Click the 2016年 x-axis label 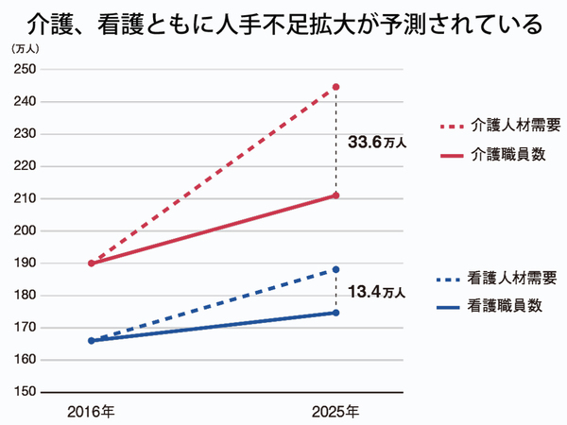91,411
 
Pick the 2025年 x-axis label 336,411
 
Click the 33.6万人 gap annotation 377,143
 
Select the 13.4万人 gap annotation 377,292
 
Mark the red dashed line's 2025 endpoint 336,87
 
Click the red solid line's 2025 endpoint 336,195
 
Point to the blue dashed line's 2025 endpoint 336,270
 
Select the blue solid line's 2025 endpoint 336,313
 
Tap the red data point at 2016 91,263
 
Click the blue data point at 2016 91,340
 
